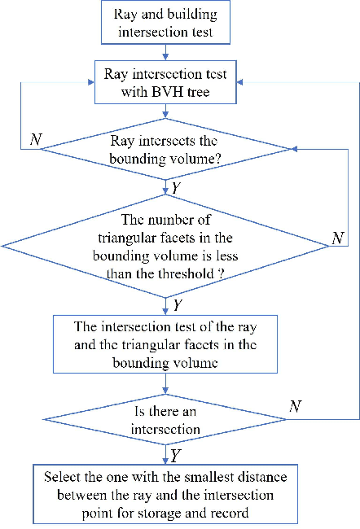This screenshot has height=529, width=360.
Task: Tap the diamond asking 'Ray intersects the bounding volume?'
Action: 166,148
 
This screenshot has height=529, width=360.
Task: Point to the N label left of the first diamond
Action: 35,139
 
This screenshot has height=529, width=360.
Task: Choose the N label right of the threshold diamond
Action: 337,239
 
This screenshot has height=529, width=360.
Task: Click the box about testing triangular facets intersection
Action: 166,343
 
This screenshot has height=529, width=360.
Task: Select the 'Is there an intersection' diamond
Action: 165,420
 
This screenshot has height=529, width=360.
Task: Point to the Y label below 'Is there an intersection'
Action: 176,454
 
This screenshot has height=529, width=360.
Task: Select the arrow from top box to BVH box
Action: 166,52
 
